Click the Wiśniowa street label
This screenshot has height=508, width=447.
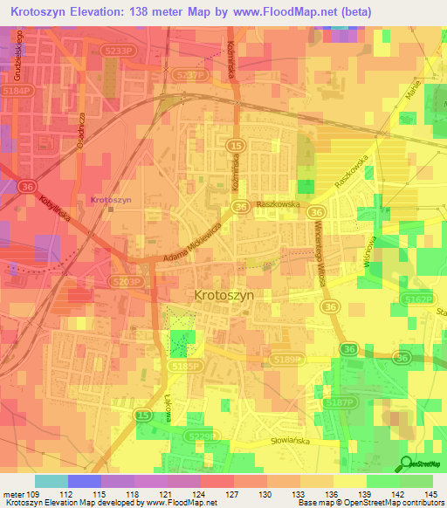(369, 251)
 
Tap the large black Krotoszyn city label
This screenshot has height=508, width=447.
(223, 295)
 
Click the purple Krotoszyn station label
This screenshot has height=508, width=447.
(110, 199)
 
